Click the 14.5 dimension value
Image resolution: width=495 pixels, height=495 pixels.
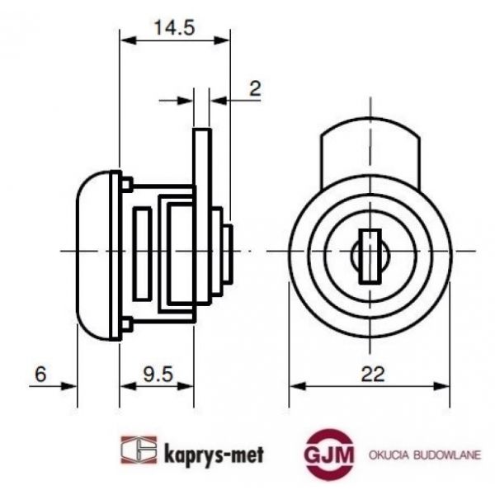point(174,26)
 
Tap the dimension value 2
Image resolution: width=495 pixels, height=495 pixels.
point(255,87)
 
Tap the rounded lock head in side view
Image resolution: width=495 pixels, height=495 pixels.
point(96,252)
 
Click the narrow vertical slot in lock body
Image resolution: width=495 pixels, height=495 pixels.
point(142,251)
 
